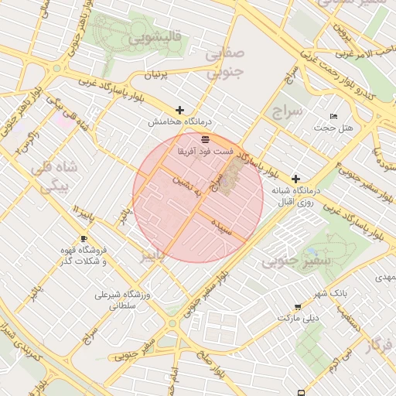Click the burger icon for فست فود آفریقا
pos(205,140)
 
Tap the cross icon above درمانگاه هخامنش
pos(180,111)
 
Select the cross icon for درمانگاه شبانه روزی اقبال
pos(295,179)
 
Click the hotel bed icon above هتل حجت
pos(333,116)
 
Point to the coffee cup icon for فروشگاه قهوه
pos(84,238)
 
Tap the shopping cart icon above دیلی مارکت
pos(298,307)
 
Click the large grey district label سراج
pos(289,113)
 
